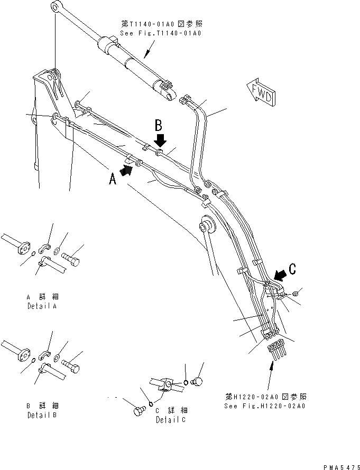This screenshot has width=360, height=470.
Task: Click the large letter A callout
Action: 112,180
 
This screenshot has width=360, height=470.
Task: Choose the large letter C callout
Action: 292,267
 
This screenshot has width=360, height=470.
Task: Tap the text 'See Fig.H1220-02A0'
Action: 265,406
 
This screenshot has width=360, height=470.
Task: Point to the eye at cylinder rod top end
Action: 56,7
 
